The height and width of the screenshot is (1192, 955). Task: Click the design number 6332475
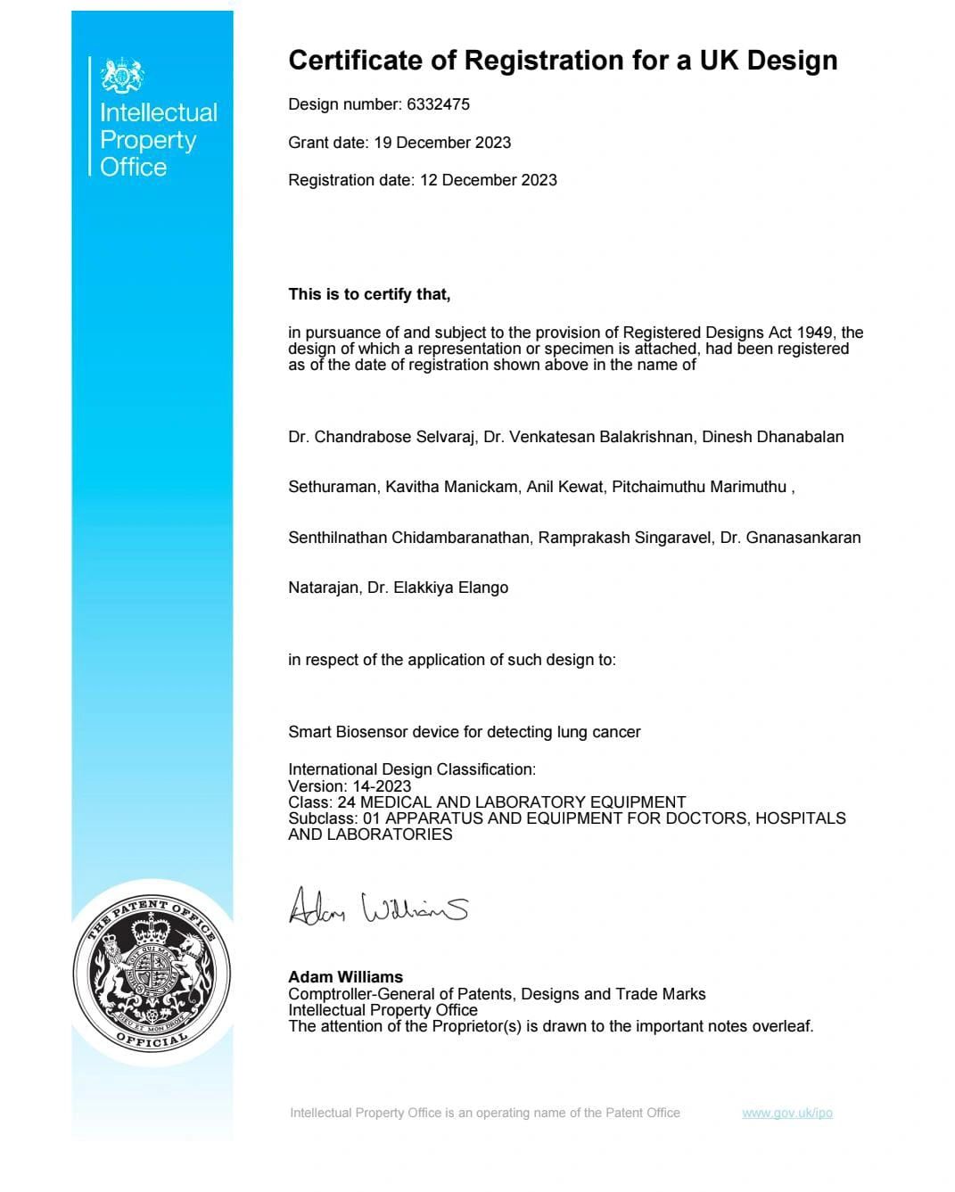(438, 104)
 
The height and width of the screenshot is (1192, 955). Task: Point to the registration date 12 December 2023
(489, 180)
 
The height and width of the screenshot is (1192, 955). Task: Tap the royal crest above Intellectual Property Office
(122, 76)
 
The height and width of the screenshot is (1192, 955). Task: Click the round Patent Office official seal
(152, 973)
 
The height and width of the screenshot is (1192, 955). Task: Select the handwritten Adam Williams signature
(378, 907)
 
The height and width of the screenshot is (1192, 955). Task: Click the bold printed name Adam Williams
(345, 977)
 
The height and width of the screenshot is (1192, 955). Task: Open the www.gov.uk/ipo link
(786, 1113)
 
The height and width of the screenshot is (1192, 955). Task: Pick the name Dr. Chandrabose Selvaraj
(381, 437)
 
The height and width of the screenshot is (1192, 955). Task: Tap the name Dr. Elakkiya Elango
(438, 588)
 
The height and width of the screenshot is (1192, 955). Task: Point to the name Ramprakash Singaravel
(625, 538)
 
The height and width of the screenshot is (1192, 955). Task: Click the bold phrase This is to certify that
(369, 294)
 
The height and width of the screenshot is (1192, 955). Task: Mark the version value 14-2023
(382, 786)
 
